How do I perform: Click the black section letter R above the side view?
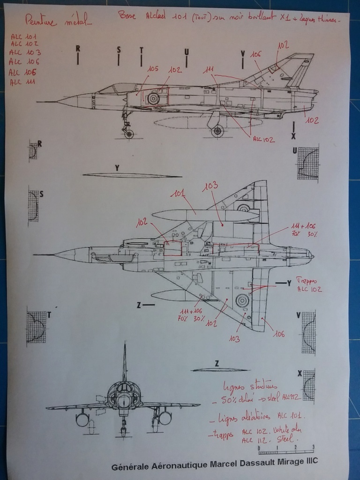click(78, 48)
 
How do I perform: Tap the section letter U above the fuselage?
click(187, 52)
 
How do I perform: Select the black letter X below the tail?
click(293, 136)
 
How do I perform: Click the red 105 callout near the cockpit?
click(152, 69)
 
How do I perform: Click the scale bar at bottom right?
click(285, 451)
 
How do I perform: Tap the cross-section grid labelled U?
click(307, 163)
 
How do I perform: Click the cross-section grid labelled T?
click(37, 326)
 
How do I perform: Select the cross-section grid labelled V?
click(308, 333)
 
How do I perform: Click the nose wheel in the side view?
click(128, 134)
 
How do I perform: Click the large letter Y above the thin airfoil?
click(117, 167)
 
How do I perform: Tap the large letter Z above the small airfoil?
click(217, 363)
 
